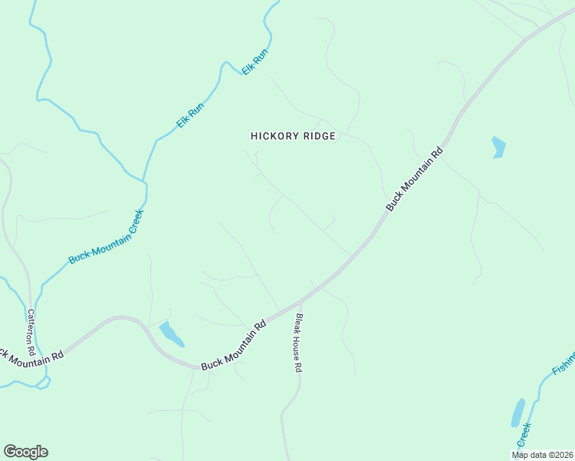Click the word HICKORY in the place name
(271, 136)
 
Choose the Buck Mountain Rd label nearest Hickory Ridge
(414, 180)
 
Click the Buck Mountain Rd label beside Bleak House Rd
(234, 345)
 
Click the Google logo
(25, 452)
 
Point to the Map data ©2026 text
(541, 455)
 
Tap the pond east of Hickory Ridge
(498, 147)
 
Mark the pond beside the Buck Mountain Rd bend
(171, 334)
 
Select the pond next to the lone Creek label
(518, 413)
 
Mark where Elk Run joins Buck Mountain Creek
(145, 183)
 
